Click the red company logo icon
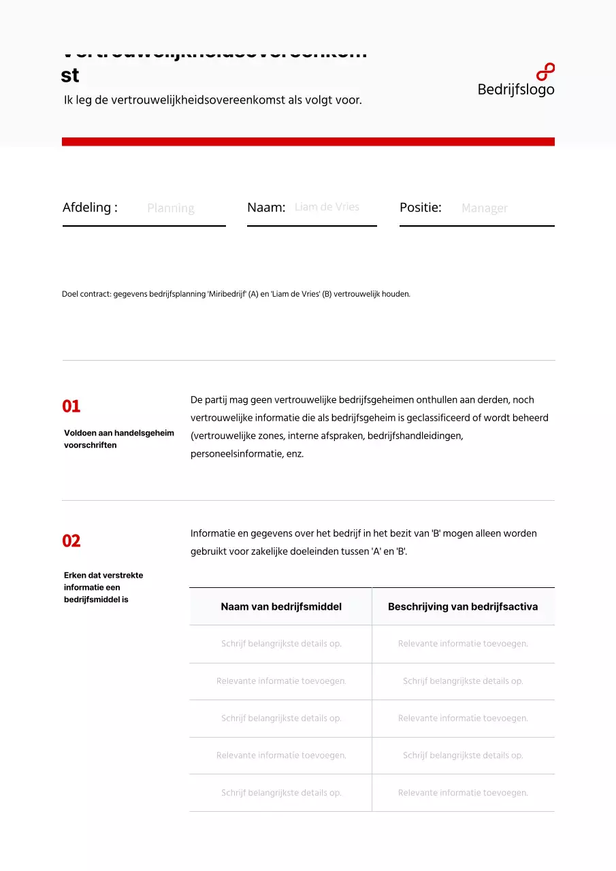[545, 72]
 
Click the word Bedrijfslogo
[516, 90]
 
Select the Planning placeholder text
[171, 208]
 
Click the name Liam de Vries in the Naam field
[327, 207]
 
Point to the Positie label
[421, 208]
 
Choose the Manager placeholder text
[485, 208]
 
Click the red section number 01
[71, 407]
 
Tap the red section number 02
[71, 542]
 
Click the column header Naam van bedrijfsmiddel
[281, 607]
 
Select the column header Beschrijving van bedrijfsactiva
[463, 607]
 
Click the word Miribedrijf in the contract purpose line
[227, 295]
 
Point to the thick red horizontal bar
[308, 142]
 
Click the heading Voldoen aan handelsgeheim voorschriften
[118, 439]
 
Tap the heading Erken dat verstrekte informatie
[103, 587]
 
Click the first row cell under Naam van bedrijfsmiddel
[281, 644]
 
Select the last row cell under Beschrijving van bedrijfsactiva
[463, 793]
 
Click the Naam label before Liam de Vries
[266, 208]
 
